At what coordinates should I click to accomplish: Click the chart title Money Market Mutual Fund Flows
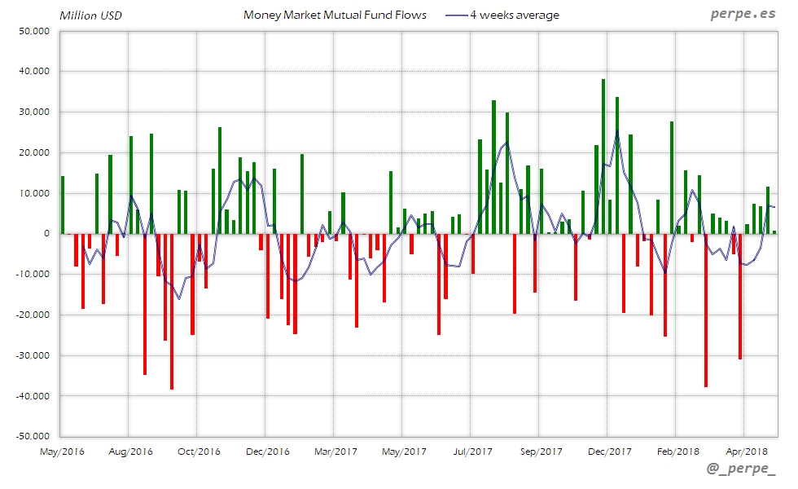[335, 15]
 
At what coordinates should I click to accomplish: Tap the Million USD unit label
[90, 15]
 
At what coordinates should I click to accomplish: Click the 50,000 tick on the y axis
[33, 31]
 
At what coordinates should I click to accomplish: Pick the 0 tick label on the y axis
[46, 234]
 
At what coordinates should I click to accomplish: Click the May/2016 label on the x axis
[62, 451]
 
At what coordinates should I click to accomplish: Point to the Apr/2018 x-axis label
[745, 451]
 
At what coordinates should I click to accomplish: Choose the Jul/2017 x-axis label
[471, 451]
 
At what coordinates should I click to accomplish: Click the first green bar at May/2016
[63, 205]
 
